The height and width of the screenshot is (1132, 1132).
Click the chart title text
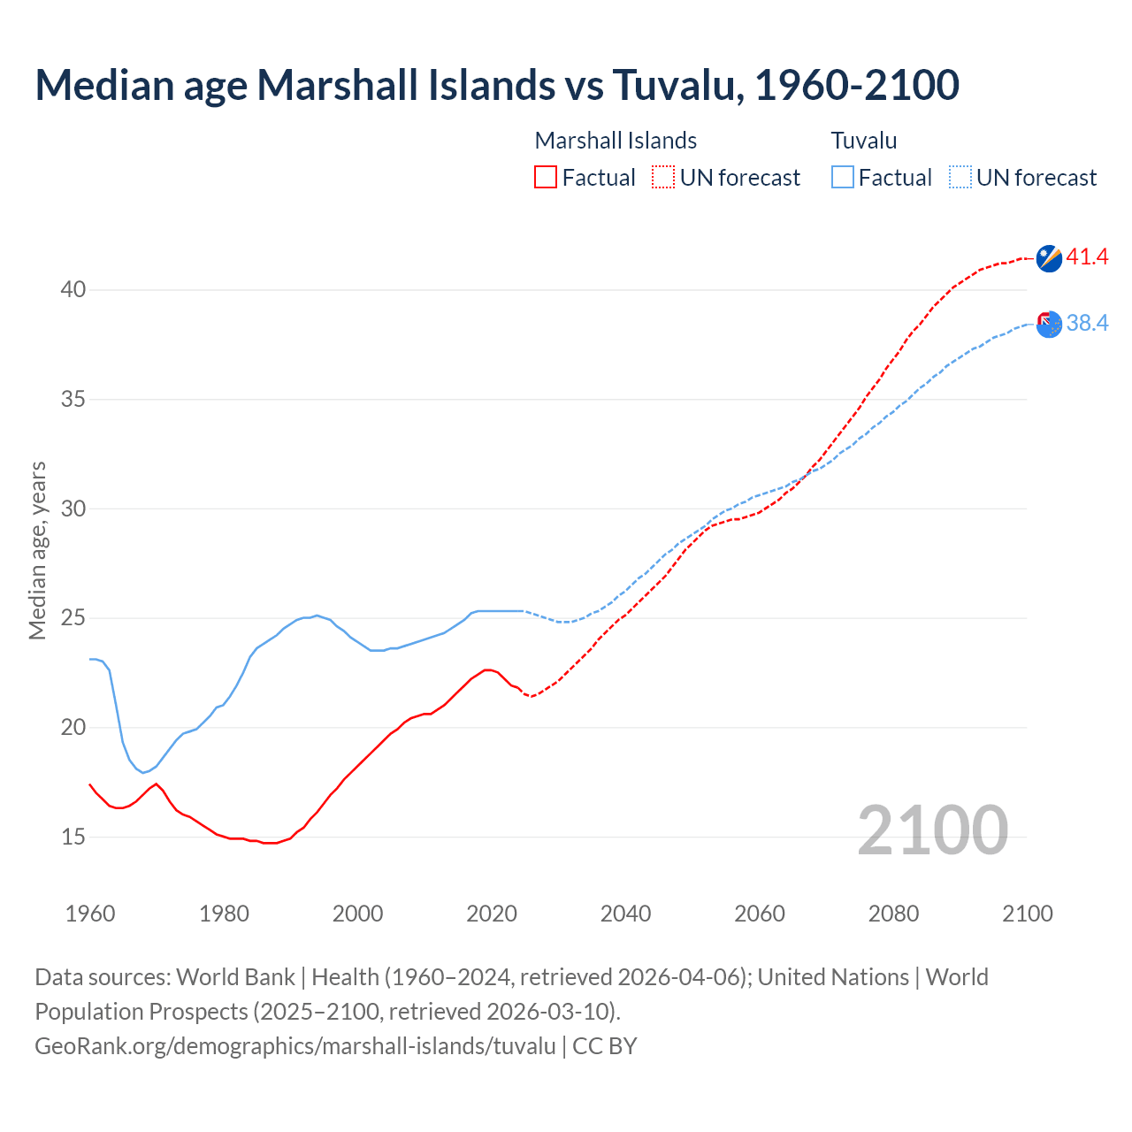497,85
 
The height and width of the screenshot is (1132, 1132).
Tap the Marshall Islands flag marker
1049,258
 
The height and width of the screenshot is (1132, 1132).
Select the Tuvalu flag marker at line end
1049,324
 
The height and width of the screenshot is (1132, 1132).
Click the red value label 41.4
1087,257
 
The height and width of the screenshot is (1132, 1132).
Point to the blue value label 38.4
1087,324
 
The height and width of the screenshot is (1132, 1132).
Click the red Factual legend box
546,178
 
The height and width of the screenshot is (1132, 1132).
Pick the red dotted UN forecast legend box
663,178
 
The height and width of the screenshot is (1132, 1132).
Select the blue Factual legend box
842,178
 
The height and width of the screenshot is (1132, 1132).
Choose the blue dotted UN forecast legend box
960,178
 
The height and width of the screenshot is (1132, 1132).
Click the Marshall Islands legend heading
616,141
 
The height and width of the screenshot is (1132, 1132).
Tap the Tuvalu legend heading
863,141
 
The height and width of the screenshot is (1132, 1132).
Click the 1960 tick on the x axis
90,914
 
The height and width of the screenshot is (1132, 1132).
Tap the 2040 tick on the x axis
625,914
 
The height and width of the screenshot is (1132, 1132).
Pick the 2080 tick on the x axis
893,914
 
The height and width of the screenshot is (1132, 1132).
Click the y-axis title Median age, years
37,550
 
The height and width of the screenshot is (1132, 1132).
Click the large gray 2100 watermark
932,830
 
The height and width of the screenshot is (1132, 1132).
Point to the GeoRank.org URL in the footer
295,1046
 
